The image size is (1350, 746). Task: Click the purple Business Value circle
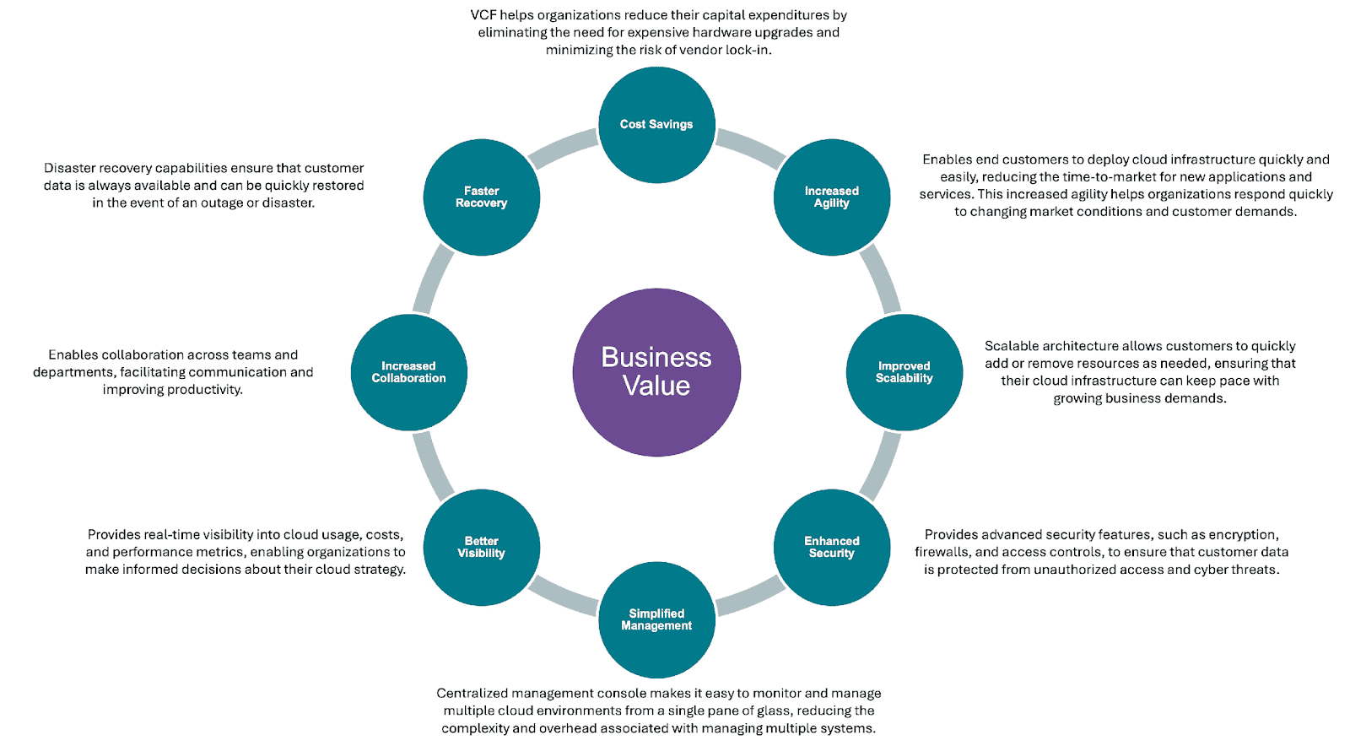[656, 372]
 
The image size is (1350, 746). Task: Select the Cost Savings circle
[656, 125]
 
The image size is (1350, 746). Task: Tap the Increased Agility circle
[831, 197]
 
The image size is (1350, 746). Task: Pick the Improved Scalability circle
[904, 372]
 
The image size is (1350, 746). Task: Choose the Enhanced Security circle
[831, 547]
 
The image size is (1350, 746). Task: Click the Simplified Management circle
[656, 619]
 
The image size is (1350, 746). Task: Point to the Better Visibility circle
[481, 547]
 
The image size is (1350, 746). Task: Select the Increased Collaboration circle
[408, 372]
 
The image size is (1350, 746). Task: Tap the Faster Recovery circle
[481, 197]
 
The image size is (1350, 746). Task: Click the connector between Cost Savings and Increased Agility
[750, 148]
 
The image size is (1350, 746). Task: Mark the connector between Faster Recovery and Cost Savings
[563, 148]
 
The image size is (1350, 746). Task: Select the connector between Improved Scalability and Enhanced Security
[881, 466]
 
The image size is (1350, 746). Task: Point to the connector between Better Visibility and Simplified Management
[563, 596]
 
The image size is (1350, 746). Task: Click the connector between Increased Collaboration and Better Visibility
[433, 466]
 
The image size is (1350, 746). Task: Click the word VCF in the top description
[483, 15]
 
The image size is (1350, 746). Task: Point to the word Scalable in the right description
[1012, 346]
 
